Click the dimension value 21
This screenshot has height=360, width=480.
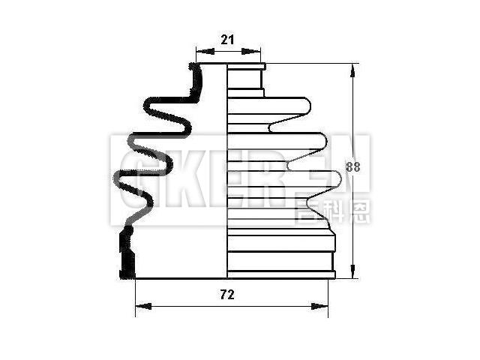click(228, 40)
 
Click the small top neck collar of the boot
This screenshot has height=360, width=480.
click(245, 76)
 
